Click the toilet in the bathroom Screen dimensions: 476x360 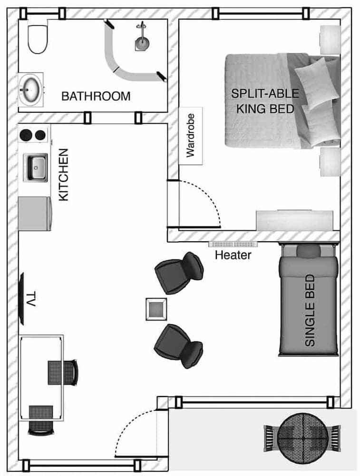[37, 39]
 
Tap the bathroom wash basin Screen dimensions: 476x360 [30, 89]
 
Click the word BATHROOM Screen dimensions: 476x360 [96, 96]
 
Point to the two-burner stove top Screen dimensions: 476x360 [33, 134]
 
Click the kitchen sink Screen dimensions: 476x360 [37, 167]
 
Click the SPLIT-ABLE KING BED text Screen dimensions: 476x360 [262, 100]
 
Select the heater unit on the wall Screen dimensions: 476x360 [233, 244]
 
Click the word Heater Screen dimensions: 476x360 [233, 255]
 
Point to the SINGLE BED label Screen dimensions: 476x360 [310, 310]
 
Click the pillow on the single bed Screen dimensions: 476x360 [309, 251]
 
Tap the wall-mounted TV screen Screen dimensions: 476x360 [21, 299]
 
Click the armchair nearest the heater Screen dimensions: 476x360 [180, 273]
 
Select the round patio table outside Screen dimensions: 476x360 [302, 437]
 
